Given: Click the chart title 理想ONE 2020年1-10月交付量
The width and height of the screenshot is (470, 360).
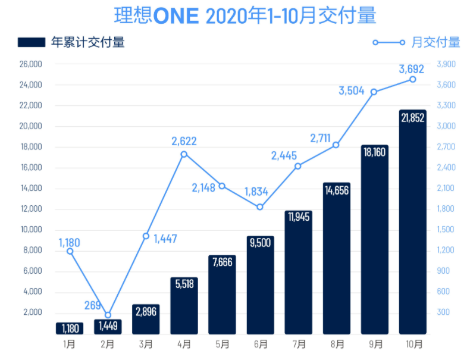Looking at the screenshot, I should tap(236, 16).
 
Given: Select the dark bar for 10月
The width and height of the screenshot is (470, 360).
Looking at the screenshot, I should tap(413, 222).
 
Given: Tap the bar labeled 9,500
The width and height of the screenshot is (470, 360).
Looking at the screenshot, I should tap(261, 285).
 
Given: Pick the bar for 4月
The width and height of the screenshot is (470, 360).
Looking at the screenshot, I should tap(184, 305).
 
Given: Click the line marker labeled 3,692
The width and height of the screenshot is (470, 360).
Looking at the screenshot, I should tap(413, 79).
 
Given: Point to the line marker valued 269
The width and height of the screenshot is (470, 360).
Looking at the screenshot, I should tap(108, 315).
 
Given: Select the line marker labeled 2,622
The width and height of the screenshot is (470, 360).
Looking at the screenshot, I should tap(184, 154).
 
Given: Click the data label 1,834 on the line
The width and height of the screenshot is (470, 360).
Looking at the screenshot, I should tap(256, 192).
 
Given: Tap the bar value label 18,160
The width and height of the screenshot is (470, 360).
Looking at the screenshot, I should tap(375, 153).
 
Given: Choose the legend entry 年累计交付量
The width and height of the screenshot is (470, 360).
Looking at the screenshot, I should tap(71, 42).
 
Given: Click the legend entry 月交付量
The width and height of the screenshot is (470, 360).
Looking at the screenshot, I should tap(416, 42).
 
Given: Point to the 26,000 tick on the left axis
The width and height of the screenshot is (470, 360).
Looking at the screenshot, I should tap(30, 64).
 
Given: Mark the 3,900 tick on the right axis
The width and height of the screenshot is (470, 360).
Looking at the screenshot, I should tap(446, 64).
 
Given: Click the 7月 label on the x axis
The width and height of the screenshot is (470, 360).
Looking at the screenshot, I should tap(299, 344).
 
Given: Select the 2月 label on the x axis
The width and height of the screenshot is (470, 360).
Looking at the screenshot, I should tap(108, 344).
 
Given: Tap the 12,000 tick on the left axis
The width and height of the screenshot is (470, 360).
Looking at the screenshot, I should tap(30, 209).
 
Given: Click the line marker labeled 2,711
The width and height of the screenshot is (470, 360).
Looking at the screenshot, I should tap(336, 145).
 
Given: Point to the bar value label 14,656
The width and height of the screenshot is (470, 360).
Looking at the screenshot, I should tap(337, 190).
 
